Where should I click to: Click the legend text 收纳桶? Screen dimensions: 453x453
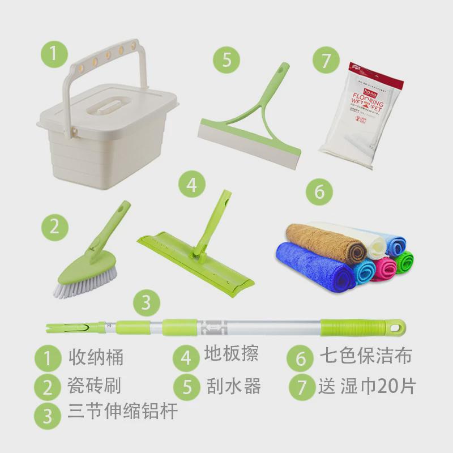pos(96,357)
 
